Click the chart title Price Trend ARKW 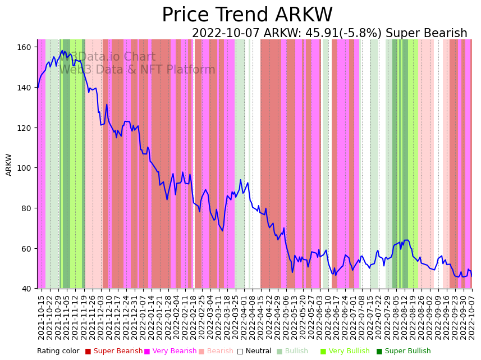[x=247, y=15]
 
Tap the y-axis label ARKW [x=9, y=165]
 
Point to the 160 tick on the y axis [x=25, y=47]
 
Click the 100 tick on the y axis [x=25, y=168]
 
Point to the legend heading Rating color [x=58, y=352]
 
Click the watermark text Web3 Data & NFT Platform [x=138, y=70]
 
